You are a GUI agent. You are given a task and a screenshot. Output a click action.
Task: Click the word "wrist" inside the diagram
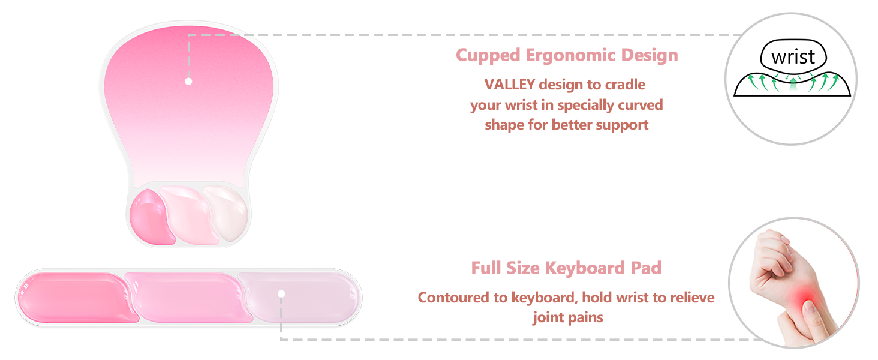point(793,58)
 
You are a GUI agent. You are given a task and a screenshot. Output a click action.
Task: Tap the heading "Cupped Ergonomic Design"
point(567,55)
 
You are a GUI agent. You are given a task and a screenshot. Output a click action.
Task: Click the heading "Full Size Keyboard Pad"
point(566,268)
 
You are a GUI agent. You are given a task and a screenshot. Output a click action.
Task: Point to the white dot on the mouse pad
point(188,81)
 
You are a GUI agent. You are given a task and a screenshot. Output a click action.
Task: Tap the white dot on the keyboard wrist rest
point(281,293)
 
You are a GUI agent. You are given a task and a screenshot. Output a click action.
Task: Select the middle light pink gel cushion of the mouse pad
point(189,215)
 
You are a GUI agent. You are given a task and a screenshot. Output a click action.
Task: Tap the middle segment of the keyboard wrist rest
point(186,296)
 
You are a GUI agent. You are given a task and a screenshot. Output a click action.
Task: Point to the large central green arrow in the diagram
point(793,84)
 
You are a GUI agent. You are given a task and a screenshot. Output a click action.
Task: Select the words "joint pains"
point(567,317)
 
